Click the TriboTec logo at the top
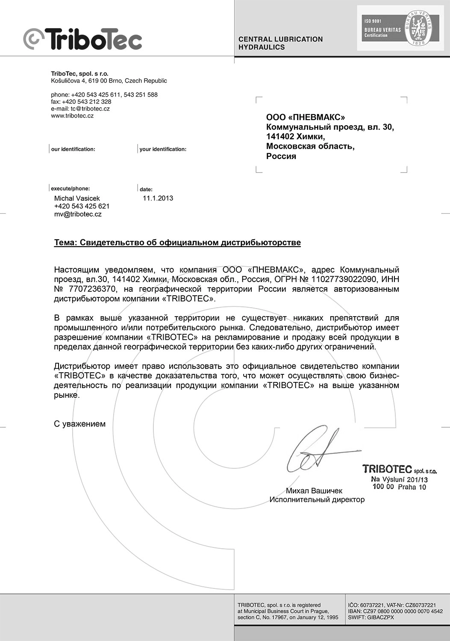(x=82, y=39)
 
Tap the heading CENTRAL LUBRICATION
(x=280, y=39)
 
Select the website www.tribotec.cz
(x=72, y=116)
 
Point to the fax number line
(x=81, y=102)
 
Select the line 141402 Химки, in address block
(x=295, y=137)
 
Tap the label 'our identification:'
(x=73, y=149)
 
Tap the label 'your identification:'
(x=163, y=149)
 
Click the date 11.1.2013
(x=158, y=198)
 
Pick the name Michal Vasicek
(x=77, y=198)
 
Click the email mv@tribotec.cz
(x=78, y=214)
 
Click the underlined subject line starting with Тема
(x=177, y=243)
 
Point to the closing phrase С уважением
(x=79, y=424)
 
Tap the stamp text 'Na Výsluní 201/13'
(x=399, y=479)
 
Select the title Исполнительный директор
(x=317, y=500)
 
